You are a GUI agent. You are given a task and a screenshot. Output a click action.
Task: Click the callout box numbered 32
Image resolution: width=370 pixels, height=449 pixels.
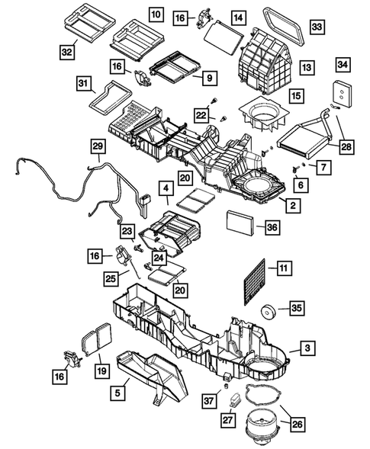[x=68, y=52]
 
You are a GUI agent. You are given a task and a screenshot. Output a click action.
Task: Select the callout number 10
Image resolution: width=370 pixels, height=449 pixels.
[x=155, y=14]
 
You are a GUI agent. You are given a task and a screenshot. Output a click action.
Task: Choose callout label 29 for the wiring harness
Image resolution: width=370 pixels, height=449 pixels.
[x=98, y=146]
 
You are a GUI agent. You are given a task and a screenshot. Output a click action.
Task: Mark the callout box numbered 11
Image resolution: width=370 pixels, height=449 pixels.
[x=282, y=268]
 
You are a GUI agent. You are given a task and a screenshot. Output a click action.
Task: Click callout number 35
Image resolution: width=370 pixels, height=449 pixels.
[x=295, y=309]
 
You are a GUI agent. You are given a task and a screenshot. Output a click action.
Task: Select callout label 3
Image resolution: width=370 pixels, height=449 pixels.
[x=306, y=348]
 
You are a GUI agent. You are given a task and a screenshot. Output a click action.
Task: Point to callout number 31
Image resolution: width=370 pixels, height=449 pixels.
[x=83, y=82]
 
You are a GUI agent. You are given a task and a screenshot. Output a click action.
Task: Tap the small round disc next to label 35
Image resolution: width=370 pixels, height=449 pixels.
[x=268, y=312]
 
